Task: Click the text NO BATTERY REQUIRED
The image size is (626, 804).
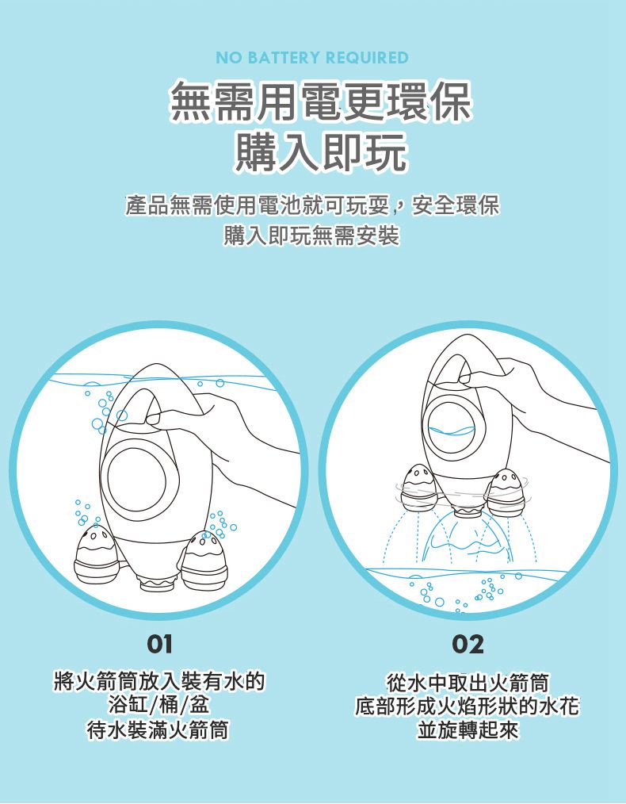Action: (x=312, y=58)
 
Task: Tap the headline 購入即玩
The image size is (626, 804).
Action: (x=320, y=150)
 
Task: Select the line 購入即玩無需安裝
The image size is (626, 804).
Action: (x=312, y=235)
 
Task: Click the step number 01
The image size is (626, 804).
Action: (x=158, y=644)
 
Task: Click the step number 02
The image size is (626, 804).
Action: (x=468, y=644)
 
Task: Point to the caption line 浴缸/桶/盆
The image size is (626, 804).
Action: (x=158, y=705)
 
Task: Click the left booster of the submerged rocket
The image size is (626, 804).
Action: (x=94, y=553)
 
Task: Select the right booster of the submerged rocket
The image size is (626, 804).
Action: (x=204, y=557)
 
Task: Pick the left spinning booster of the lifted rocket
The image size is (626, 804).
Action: (x=416, y=485)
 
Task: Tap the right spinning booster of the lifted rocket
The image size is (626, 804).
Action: (x=506, y=490)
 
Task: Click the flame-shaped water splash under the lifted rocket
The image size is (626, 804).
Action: (x=468, y=539)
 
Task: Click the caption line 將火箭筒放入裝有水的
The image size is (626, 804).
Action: (x=158, y=681)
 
